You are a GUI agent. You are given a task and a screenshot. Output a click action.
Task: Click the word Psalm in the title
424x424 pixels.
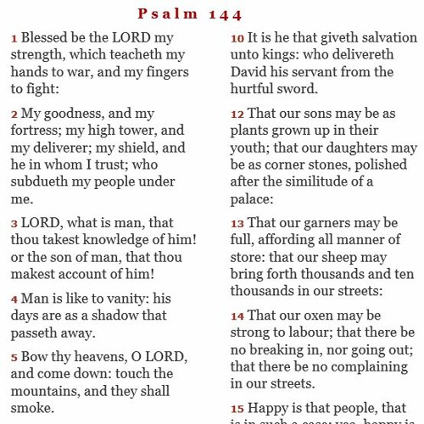[x=168, y=14]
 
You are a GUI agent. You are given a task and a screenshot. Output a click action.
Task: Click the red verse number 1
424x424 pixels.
[x=14, y=39]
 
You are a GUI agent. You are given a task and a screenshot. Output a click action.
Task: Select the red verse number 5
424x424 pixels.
[x=14, y=358]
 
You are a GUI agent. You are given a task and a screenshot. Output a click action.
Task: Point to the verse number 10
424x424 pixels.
[x=237, y=39]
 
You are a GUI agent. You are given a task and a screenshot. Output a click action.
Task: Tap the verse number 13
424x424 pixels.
[x=237, y=224]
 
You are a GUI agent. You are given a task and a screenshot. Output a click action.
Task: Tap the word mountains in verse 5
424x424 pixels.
[x=46, y=391]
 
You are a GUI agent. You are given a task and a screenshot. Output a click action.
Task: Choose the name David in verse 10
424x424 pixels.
[x=250, y=72]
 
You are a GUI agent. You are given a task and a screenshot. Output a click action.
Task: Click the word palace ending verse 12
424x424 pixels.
[x=252, y=198]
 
